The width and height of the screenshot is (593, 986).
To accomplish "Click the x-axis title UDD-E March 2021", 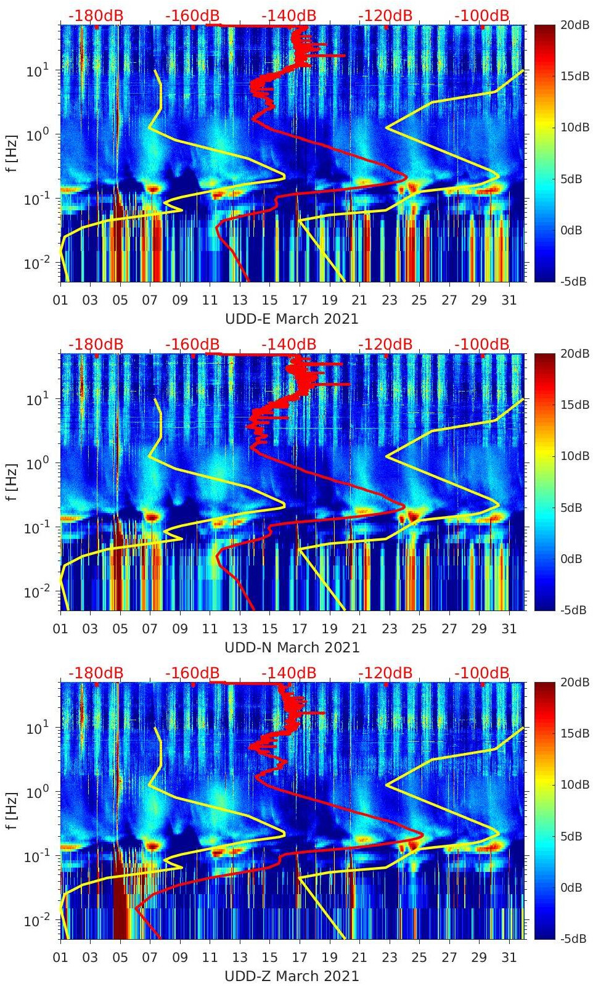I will tap(292, 319).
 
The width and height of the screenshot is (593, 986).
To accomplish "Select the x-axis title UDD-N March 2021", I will tap(292, 647).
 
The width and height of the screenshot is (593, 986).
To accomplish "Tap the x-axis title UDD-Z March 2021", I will tap(292, 976).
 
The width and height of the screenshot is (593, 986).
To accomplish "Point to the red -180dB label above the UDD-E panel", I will tap(96, 15).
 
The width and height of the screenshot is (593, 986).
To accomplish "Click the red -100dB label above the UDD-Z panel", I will tap(482, 673).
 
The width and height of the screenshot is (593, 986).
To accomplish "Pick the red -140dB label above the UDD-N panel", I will tap(288, 344).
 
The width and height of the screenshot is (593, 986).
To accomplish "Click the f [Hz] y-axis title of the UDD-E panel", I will tap(12, 153).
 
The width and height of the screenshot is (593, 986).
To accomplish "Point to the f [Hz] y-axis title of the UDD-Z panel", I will tap(12, 810).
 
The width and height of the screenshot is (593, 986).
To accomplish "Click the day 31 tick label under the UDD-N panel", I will tap(509, 629).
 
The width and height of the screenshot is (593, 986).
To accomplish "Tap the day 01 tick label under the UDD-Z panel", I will tap(60, 958).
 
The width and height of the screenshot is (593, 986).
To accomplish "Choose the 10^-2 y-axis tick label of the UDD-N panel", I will tap(36, 592).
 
